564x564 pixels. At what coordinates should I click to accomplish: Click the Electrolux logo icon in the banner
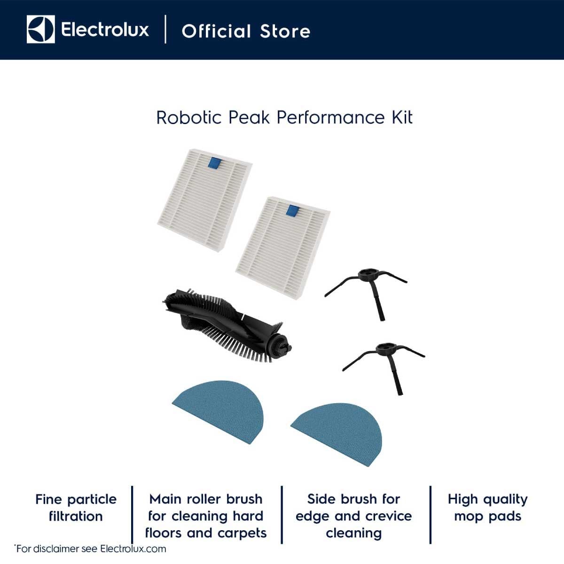tap(41, 29)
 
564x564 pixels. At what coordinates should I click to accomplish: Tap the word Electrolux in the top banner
tap(105, 30)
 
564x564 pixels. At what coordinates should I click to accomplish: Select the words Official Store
tap(246, 31)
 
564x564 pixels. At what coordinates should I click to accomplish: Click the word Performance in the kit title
tap(330, 117)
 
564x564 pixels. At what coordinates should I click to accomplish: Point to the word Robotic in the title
tap(189, 117)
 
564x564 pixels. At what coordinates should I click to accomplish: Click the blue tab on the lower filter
tap(292, 211)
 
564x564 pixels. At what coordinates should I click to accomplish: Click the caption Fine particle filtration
tap(76, 508)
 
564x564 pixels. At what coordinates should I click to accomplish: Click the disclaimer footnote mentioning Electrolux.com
tap(90, 548)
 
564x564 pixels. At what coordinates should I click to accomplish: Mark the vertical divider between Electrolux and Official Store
tap(165, 29)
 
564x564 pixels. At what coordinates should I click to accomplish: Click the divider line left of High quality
tap(431, 515)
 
